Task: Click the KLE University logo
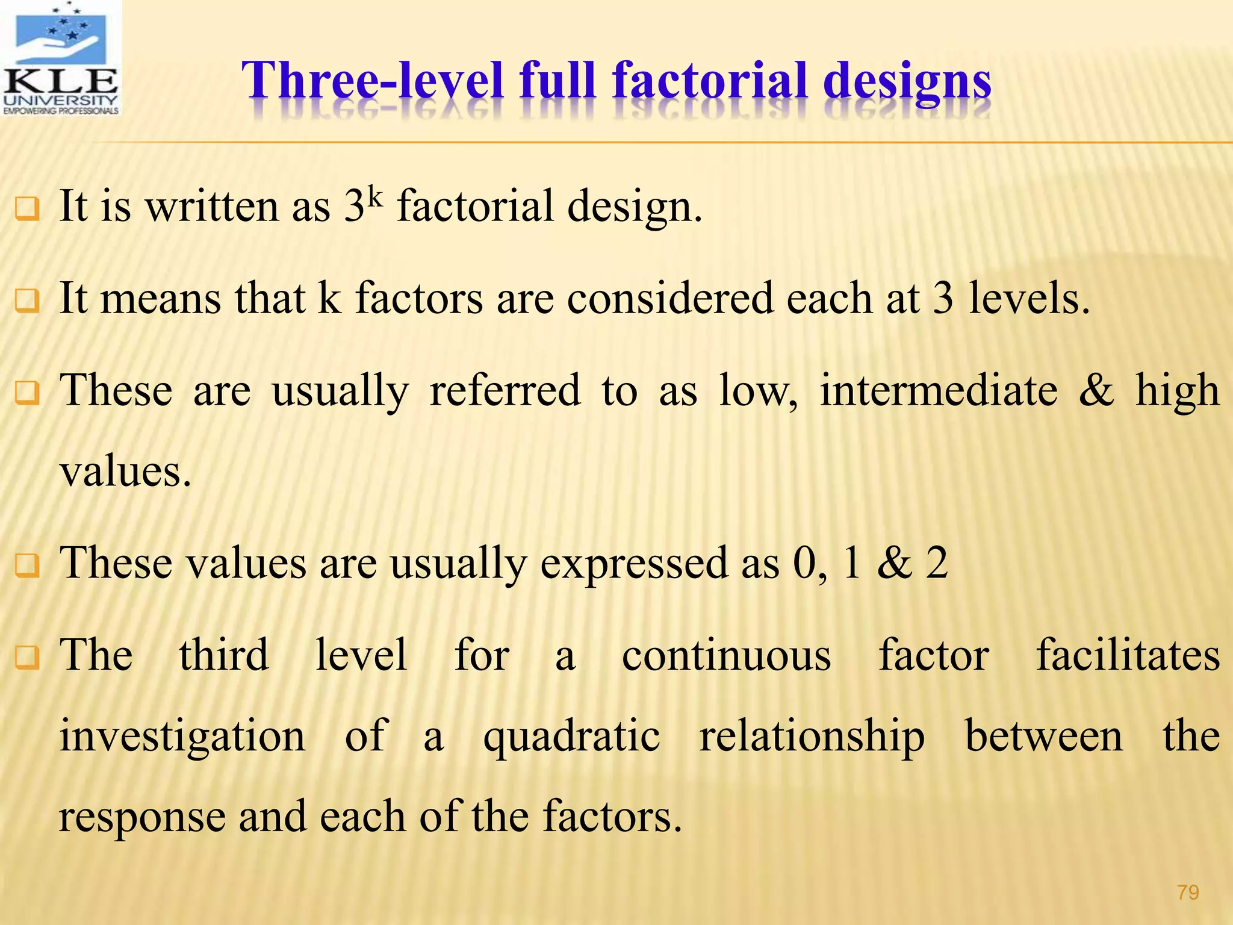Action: (60, 58)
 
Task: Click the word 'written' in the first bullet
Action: (214, 207)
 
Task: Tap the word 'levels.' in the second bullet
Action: (1029, 299)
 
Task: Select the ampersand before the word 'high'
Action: (1096, 390)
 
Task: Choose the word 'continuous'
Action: (726, 655)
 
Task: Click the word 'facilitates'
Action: (1128, 655)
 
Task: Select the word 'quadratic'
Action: (571, 737)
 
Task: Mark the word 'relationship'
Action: (812, 737)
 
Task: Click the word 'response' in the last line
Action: (141, 818)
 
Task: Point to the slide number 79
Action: (1188, 892)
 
